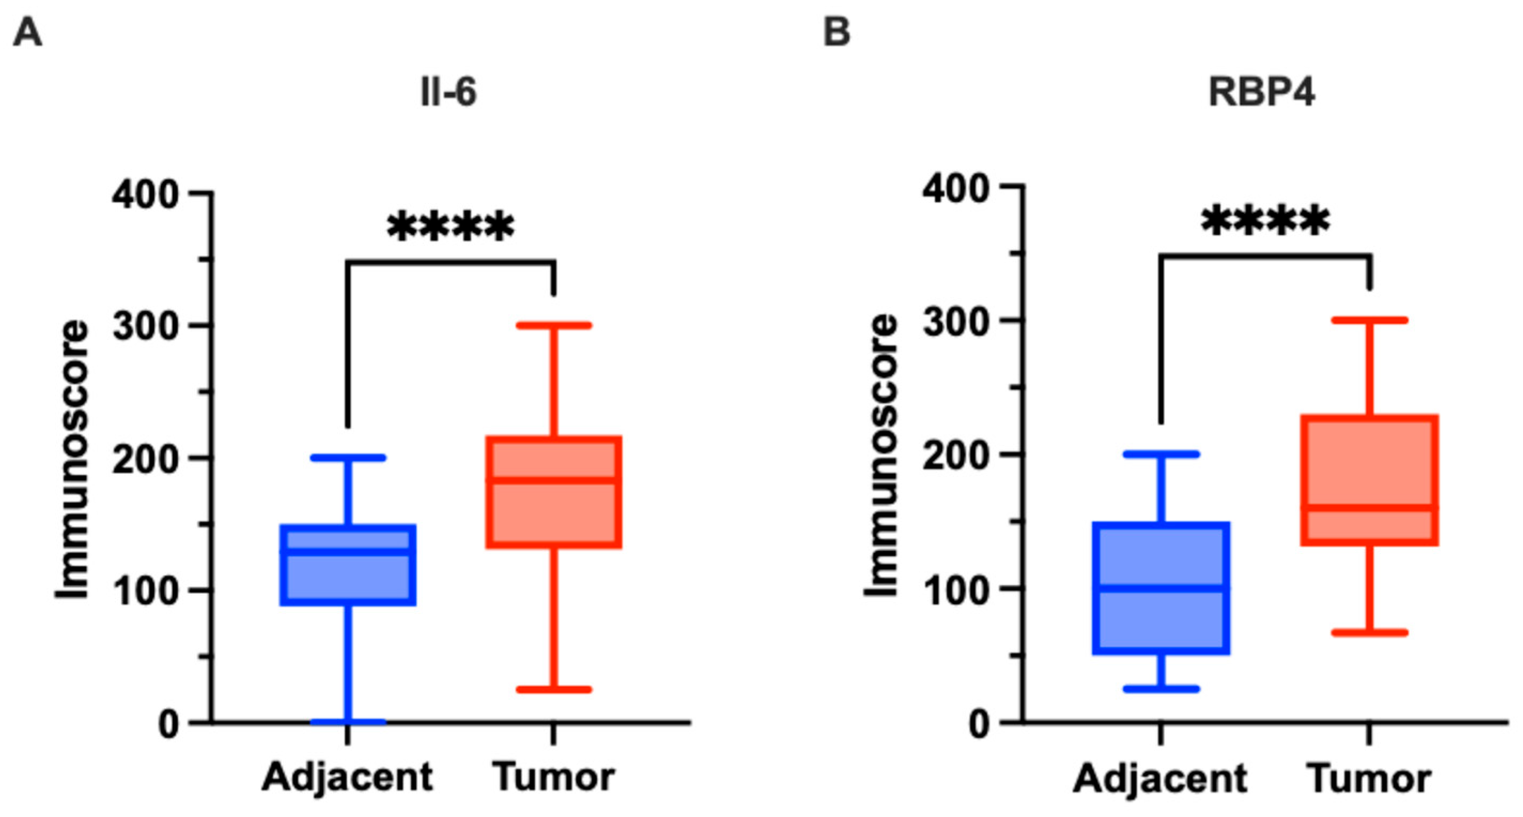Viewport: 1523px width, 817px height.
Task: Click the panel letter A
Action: (x=27, y=32)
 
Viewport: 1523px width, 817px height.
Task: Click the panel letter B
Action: (x=837, y=32)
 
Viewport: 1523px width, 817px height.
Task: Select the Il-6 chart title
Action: (x=448, y=93)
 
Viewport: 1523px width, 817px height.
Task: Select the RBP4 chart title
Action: (x=1261, y=93)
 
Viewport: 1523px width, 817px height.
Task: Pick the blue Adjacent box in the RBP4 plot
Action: (x=1161, y=621)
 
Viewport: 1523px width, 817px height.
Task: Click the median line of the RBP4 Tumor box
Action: (x=1369, y=508)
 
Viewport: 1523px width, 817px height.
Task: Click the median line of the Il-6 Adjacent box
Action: (x=348, y=551)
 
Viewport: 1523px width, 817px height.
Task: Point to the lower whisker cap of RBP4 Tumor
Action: (x=1369, y=633)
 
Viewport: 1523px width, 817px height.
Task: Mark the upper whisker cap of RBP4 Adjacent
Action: (x=1161, y=454)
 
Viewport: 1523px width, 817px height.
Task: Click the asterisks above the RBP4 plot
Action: (x=1265, y=222)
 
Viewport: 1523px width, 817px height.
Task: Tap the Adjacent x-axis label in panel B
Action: (x=1160, y=778)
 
